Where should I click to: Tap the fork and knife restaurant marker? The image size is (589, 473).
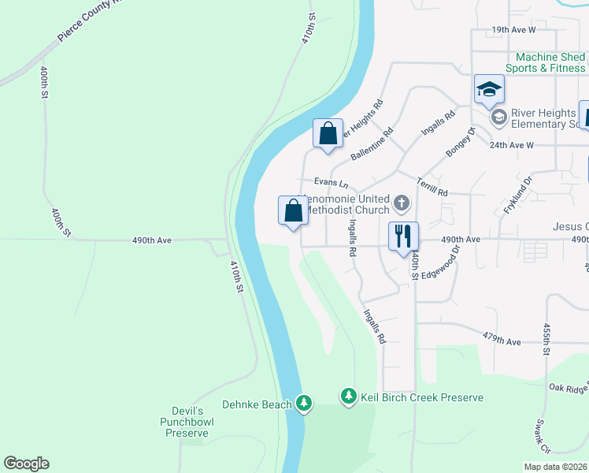[403, 236]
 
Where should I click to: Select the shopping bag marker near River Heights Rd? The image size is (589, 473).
[328, 133]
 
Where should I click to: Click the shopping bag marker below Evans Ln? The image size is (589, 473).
[293, 210]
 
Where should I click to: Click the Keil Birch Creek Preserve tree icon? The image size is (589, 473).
[348, 397]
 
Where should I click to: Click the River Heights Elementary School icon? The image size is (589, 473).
[498, 117]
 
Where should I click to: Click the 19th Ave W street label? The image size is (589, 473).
[513, 30]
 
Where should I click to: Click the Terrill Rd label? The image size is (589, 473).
[432, 187]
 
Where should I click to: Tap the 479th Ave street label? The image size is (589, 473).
[502, 341]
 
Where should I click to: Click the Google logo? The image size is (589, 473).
[26, 464]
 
